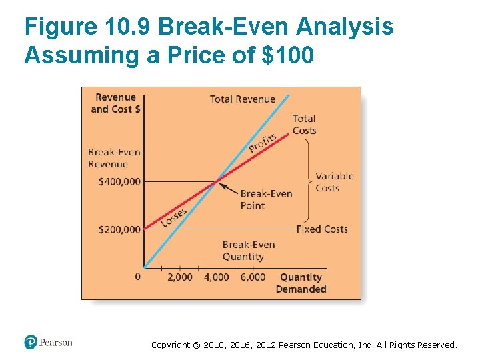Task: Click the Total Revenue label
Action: coord(242,99)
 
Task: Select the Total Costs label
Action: coord(304,125)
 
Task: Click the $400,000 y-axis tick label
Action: coord(119,181)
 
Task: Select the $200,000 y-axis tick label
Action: coord(119,229)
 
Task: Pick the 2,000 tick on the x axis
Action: coord(179,277)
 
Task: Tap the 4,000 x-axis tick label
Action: coord(216,277)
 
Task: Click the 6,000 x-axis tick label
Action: coord(252,277)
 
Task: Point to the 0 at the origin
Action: coord(137,276)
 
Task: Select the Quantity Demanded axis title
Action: coord(301,283)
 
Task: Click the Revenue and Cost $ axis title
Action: coord(115,103)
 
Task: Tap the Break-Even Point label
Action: coord(266,199)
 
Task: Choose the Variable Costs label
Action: coord(334,182)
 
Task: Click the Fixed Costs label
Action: coord(322,229)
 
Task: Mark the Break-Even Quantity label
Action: coord(248,251)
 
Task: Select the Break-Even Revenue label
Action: coord(114,158)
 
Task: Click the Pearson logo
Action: coord(48,343)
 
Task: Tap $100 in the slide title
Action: coord(287,55)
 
